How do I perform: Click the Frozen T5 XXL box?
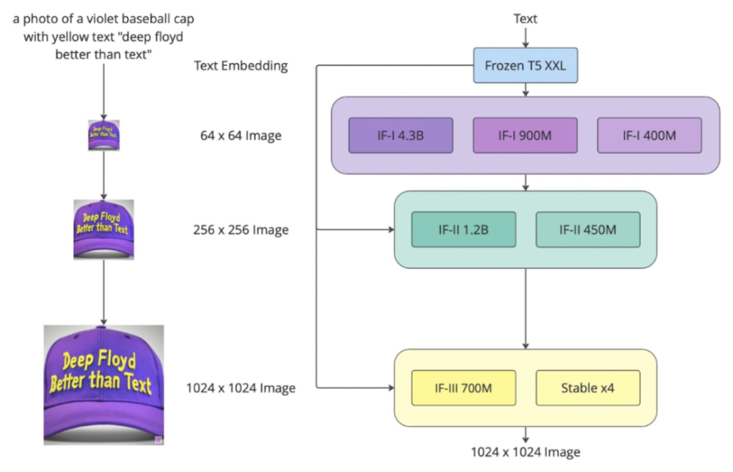[525, 66]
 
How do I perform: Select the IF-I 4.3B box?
[400, 135]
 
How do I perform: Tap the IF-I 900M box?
[525, 135]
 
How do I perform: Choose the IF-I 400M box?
[649, 135]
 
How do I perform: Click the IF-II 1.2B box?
[463, 229]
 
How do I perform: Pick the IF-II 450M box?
[588, 229]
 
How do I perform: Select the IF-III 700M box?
[463, 388]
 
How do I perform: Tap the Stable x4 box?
[588, 388]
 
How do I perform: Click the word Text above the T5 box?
[525, 18]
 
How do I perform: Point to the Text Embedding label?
[240, 66]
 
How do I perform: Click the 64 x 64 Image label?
[240, 136]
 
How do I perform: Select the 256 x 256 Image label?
[240, 230]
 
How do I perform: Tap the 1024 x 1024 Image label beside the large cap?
[240, 388]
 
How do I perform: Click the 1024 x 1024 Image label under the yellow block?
[526, 451]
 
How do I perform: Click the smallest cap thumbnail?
[103, 136]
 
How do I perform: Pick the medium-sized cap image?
[103, 229]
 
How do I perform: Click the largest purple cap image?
[103, 385]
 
